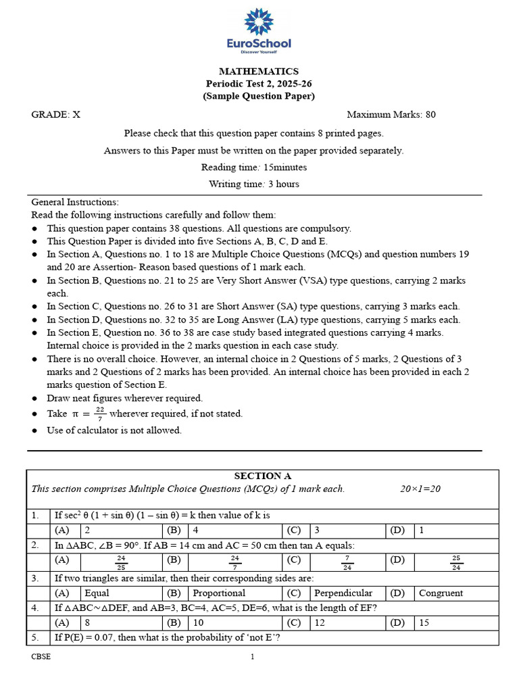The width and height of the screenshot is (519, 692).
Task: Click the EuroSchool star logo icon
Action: tap(259, 22)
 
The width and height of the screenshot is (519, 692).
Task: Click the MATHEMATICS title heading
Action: tap(259, 71)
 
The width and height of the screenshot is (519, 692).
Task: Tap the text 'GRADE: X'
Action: tap(55, 114)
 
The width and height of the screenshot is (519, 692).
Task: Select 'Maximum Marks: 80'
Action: tap(391, 114)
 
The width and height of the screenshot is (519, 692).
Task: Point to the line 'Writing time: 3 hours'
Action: tap(253, 184)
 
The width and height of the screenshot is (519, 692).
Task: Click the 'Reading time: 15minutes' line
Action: tap(253, 167)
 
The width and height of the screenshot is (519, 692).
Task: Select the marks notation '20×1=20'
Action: tap(420, 489)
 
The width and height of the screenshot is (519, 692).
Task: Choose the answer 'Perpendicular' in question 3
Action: tap(343, 593)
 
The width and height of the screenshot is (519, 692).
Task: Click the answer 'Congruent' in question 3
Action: tap(441, 593)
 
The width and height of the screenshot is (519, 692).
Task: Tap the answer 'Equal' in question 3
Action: tap(97, 593)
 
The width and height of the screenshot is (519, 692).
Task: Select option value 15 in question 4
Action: tap(424, 622)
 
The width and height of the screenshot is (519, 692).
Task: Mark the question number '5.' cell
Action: tap(36, 637)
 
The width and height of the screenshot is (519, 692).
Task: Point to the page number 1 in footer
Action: tap(253, 656)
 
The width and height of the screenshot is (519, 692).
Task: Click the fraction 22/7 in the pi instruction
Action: tap(99, 414)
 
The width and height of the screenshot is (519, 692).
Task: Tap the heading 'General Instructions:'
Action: tap(74, 202)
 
